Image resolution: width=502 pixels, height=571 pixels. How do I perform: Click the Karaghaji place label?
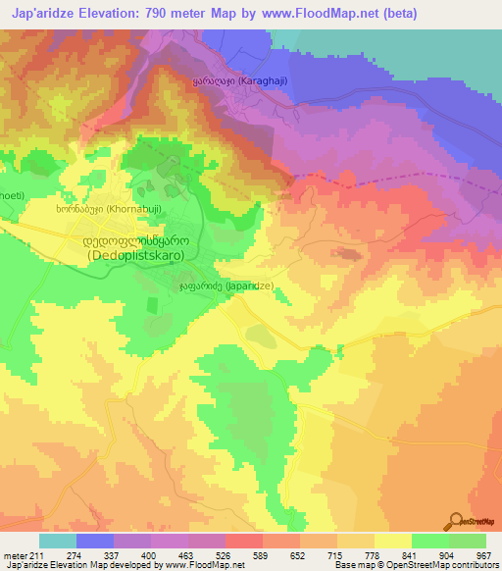click(x=240, y=83)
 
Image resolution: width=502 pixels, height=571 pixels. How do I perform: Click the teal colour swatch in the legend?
click(x=58, y=541)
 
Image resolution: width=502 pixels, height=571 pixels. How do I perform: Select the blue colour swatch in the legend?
click(x=95, y=541)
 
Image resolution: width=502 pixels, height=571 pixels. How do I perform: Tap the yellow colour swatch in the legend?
click(x=393, y=541)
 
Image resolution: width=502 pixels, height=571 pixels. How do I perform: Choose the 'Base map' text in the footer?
click(x=352, y=566)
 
